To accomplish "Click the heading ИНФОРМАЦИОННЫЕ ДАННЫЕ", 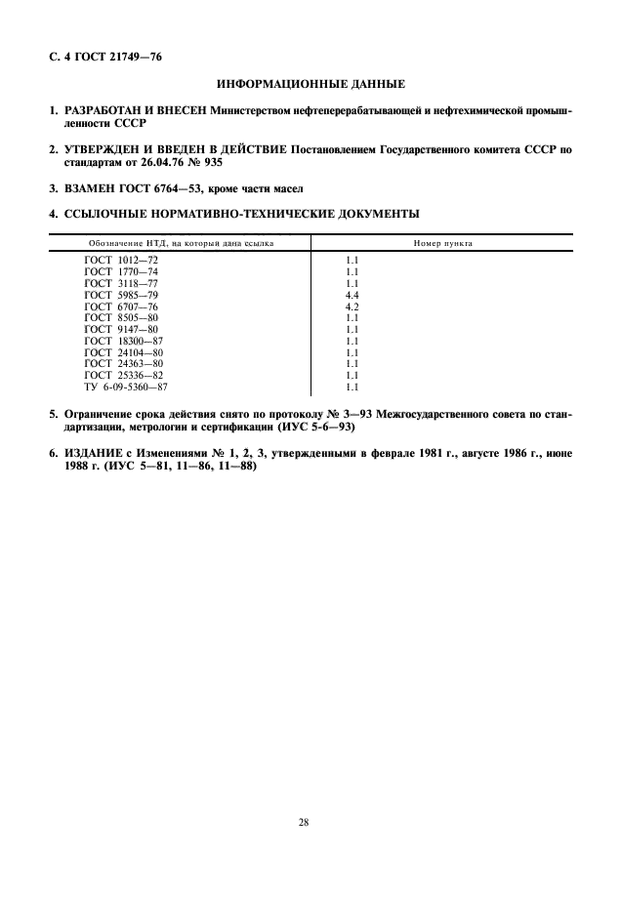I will tap(310, 86).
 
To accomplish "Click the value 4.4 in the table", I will tap(352, 294).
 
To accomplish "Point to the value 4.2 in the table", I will tap(352, 306).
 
